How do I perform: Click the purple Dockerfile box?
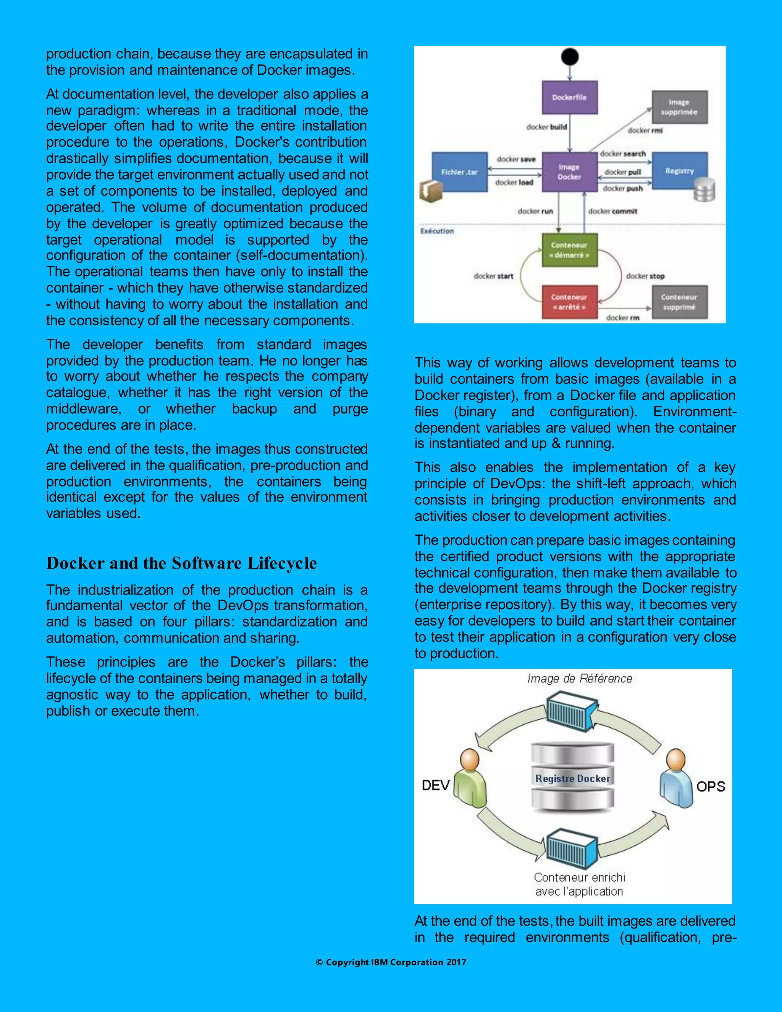(569, 97)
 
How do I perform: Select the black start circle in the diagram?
(569, 57)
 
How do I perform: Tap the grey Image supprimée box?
(679, 107)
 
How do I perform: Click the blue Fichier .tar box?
(460, 172)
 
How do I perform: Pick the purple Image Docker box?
(569, 172)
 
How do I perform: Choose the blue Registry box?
(679, 171)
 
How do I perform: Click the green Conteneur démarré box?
(569, 250)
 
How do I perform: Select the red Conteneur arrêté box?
(569, 302)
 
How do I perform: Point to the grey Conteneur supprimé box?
(679, 302)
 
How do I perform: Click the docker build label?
(547, 127)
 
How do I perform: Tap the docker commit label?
(612, 211)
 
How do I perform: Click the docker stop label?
(645, 276)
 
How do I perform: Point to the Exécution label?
(437, 231)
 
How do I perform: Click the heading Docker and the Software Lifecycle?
(182, 563)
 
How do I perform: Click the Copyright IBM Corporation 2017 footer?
(391, 962)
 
